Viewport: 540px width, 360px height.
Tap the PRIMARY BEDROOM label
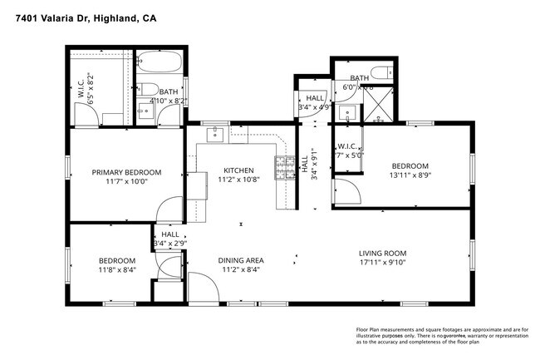coord(126,172)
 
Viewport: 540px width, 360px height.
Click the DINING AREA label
coord(242,260)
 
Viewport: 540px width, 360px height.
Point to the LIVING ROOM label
coord(382,254)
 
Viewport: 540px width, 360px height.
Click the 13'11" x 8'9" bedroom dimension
coord(410,175)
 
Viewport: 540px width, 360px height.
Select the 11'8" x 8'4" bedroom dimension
coord(117,269)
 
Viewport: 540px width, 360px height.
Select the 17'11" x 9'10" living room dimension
coord(382,264)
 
